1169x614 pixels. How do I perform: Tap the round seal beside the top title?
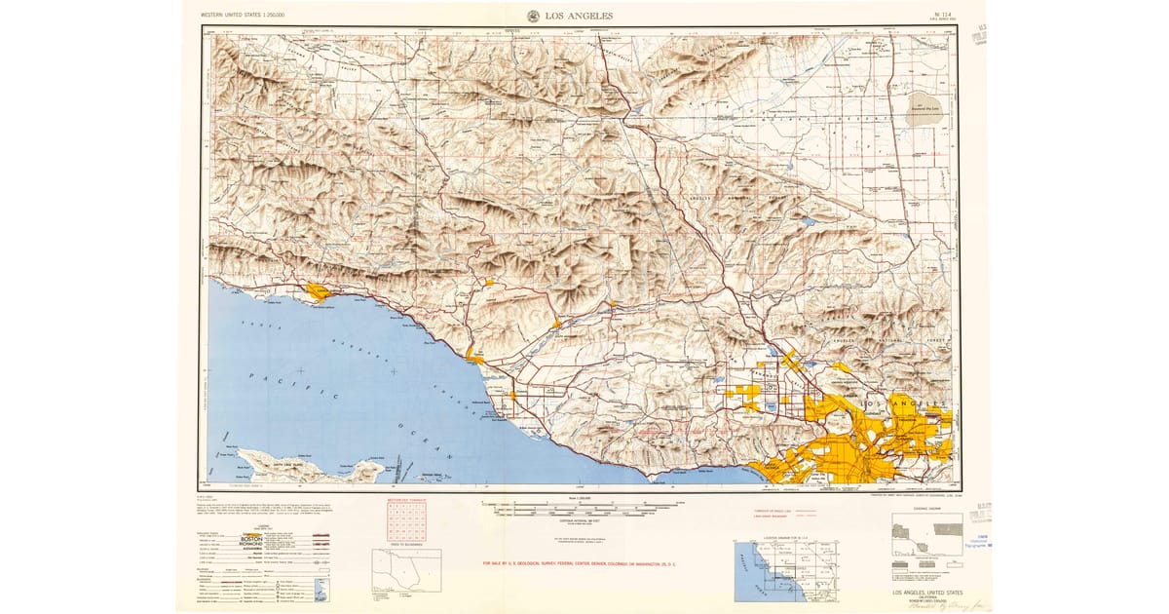(x=534, y=16)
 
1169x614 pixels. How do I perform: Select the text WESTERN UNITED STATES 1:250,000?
(x=245, y=16)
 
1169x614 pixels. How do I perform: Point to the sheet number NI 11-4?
(x=941, y=15)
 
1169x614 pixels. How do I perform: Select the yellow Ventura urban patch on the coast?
(x=474, y=354)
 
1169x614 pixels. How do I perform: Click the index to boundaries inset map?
(x=406, y=570)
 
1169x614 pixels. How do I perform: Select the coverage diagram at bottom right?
(x=927, y=542)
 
